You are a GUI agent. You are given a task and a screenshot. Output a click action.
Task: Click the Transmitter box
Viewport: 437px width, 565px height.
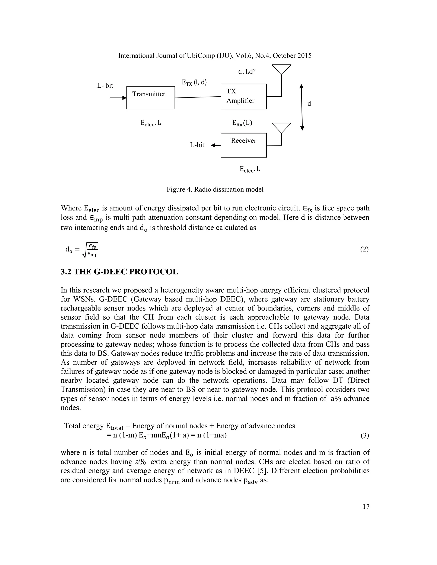click(150, 98)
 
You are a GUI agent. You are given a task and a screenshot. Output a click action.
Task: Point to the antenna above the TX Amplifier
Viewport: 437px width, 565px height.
click(281, 70)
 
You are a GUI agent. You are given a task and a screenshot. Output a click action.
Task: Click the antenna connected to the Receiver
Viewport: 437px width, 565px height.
click(281, 128)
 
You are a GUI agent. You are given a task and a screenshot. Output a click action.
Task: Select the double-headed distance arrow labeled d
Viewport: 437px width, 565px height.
click(302, 107)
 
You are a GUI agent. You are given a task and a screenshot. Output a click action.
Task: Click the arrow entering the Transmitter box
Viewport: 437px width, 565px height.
click(118, 98)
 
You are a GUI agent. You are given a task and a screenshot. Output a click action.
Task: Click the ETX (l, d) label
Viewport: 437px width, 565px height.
click(194, 83)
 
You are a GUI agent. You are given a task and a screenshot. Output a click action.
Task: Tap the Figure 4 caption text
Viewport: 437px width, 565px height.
click(215, 189)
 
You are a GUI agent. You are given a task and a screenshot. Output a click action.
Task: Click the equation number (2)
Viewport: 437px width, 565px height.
click(364, 249)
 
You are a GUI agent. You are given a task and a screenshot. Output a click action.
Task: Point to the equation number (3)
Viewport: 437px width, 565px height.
click(364, 436)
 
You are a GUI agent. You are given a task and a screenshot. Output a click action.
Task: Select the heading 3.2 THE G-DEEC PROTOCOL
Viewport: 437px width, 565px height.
click(119, 272)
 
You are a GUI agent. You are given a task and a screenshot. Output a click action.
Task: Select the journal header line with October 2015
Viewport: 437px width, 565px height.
click(215, 56)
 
